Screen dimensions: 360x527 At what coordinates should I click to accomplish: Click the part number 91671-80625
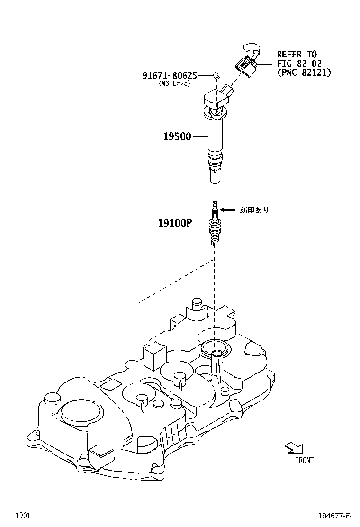click(x=170, y=76)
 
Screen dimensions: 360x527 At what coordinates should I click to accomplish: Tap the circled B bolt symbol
click(x=217, y=75)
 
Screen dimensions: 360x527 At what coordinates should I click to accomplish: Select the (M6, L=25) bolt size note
click(x=174, y=84)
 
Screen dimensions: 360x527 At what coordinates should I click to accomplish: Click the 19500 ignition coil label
click(x=177, y=136)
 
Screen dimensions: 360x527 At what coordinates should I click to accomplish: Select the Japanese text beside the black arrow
click(x=254, y=210)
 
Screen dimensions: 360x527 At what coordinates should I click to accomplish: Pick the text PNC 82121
click(x=304, y=72)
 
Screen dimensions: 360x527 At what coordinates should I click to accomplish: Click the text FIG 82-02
click(x=299, y=63)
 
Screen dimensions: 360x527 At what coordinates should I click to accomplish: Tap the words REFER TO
click(x=297, y=54)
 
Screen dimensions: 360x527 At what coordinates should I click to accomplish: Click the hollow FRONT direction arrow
click(x=294, y=448)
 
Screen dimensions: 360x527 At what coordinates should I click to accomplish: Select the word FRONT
click(x=304, y=460)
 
